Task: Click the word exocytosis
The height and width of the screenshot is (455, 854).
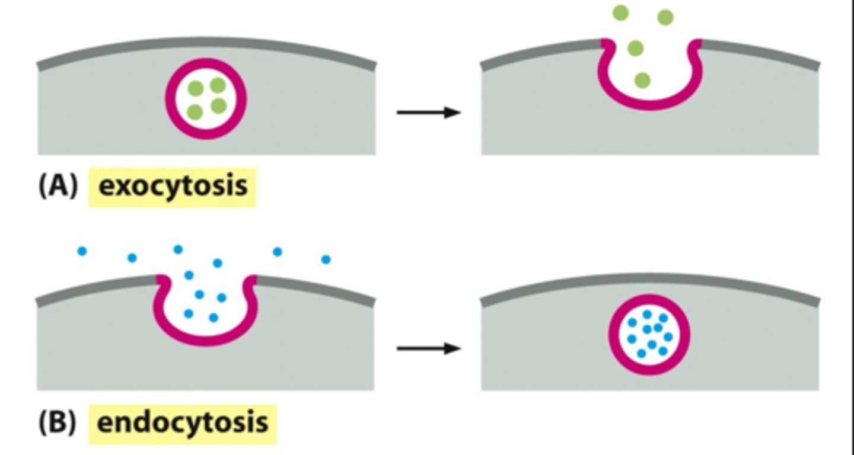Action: [173, 186]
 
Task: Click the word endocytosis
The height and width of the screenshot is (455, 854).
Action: [182, 423]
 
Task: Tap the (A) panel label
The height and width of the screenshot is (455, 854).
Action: [58, 187]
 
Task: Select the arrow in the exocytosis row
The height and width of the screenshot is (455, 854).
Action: [428, 112]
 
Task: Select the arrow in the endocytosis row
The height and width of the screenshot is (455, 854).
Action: [428, 348]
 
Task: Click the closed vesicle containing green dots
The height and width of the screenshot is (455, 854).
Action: [206, 98]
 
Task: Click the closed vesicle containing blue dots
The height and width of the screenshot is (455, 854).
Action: [649, 335]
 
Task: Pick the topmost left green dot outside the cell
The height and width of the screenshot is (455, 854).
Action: [620, 12]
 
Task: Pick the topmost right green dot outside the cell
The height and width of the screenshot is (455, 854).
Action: [665, 17]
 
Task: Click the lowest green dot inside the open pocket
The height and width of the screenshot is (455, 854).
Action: [642, 80]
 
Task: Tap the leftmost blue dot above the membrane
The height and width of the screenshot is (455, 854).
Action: [82, 251]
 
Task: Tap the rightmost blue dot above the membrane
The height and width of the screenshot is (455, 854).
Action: [326, 259]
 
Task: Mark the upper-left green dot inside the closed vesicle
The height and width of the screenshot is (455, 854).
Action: [195, 89]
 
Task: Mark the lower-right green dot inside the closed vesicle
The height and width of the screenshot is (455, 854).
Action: [219, 106]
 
